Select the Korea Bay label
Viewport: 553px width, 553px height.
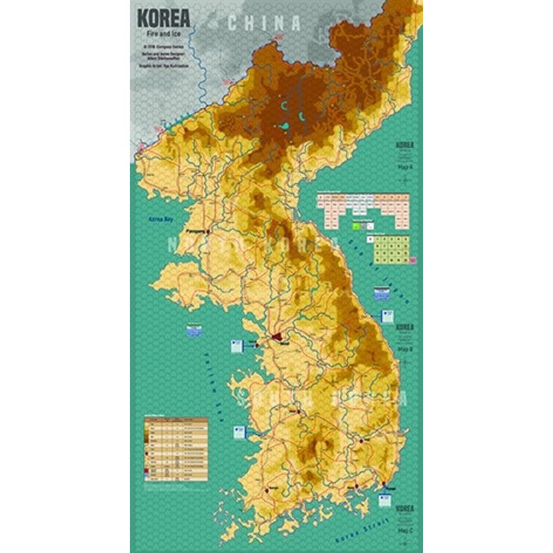pos(160,219)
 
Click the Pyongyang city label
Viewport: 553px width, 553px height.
pos(197,233)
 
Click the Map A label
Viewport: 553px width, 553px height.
pos(404,167)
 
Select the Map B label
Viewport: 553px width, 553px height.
pos(404,348)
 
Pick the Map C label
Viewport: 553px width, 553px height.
pos(404,530)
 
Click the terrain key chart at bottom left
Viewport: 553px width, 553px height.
pos(175,450)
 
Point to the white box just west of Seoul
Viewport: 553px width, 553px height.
pos(236,345)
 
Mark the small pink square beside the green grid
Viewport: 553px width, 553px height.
pos(411,259)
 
